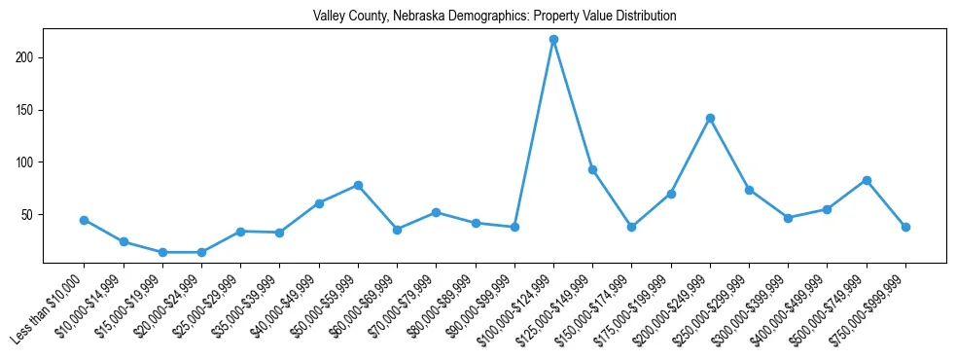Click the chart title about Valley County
click(x=494, y=17)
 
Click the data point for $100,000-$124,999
click(x=553, y=40)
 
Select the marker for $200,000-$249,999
click(x=710, y=119)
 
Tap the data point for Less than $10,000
click(x=85, y=220)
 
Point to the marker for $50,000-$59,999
click(x=358, y=185)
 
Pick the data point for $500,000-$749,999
click(x=867, y=180)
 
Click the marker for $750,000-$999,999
click(x=905, y=227)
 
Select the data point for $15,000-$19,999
click(x=162, y=252)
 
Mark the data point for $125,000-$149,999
click(x=592, y=169)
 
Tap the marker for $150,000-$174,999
click(x=631, y=227)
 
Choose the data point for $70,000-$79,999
click(x=436, y=212)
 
